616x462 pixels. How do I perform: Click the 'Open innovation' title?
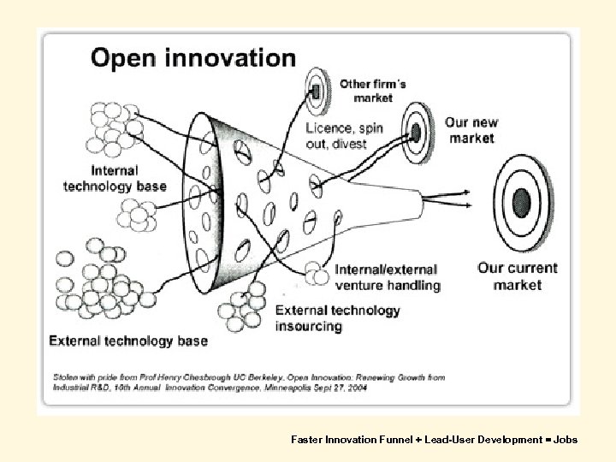(193, 59)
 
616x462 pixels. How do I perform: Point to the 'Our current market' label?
(517, 275)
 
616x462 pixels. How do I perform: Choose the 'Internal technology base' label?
(114, 178)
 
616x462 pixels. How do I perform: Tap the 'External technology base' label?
(128, 341)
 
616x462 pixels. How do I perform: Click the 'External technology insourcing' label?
(337, 317)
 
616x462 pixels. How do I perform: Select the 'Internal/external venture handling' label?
(388, 277)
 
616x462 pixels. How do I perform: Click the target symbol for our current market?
(519, 202)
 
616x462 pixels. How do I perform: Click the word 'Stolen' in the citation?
(64, 376)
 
